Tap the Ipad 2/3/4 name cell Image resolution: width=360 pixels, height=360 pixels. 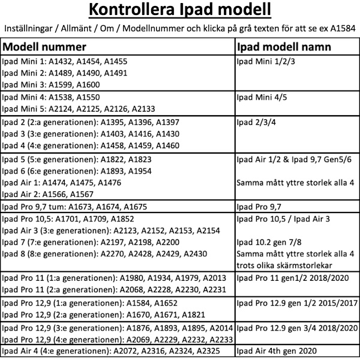255,122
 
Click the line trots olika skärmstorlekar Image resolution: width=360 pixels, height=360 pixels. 277,265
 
